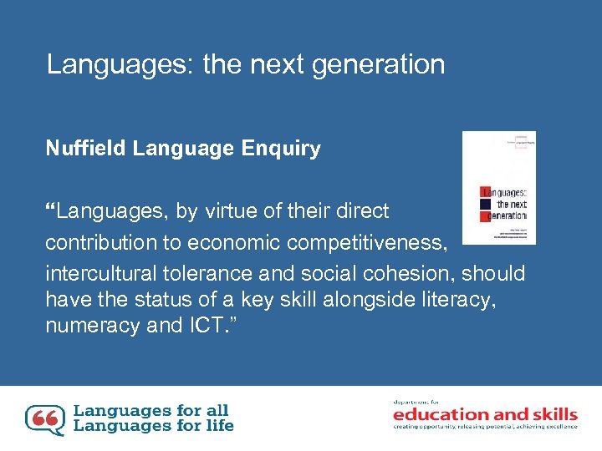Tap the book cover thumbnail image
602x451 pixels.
pyautogui.click(x=499, y=188)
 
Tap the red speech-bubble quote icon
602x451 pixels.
pyautogui.click(x=45, y=420)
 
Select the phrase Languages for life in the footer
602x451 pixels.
pyautogui.click(x=154, y=426)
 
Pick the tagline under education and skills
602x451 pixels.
pyautogui.click(x=485, y=427)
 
